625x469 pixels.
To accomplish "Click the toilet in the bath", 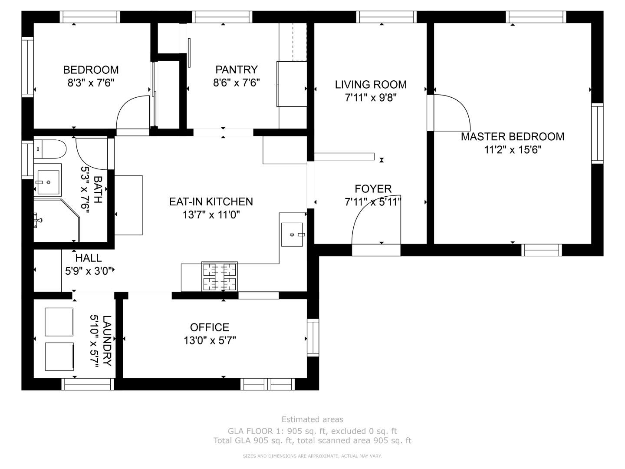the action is coord(50,149).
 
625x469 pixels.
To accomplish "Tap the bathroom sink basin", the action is coord(49,182).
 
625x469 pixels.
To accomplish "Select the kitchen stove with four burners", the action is coord(219,277).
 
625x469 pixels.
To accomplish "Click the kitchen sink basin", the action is coord(292,234).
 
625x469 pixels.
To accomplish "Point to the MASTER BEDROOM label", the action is coord(513,137).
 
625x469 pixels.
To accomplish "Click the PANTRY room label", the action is coord(237,69).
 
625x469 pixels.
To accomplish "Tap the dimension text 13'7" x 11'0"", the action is coord(211,215).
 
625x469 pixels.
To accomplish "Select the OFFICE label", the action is coord(210,327).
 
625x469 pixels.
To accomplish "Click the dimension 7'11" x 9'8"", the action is coord(371,98).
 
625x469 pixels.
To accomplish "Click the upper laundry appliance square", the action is coord(59,322).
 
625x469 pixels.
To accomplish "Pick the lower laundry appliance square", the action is coord(59,357).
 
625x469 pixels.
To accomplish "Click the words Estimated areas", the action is coord(312,419).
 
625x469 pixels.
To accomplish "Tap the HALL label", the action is coord(88,258).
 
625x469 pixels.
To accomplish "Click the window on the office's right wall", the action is coord(313,337).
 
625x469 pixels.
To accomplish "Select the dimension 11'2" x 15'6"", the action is coord(513,150).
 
